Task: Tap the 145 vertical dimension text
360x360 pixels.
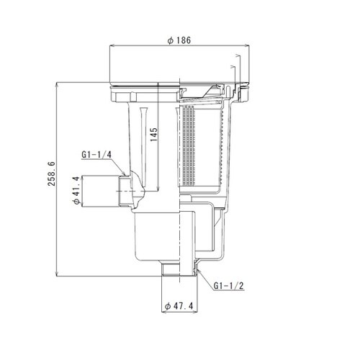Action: point(152,135)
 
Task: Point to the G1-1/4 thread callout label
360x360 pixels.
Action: point(96,153)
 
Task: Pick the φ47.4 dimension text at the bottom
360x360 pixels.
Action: point(180,306)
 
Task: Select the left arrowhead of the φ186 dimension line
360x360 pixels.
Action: point(111,46)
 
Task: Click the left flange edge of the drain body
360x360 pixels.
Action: point(109,94)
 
